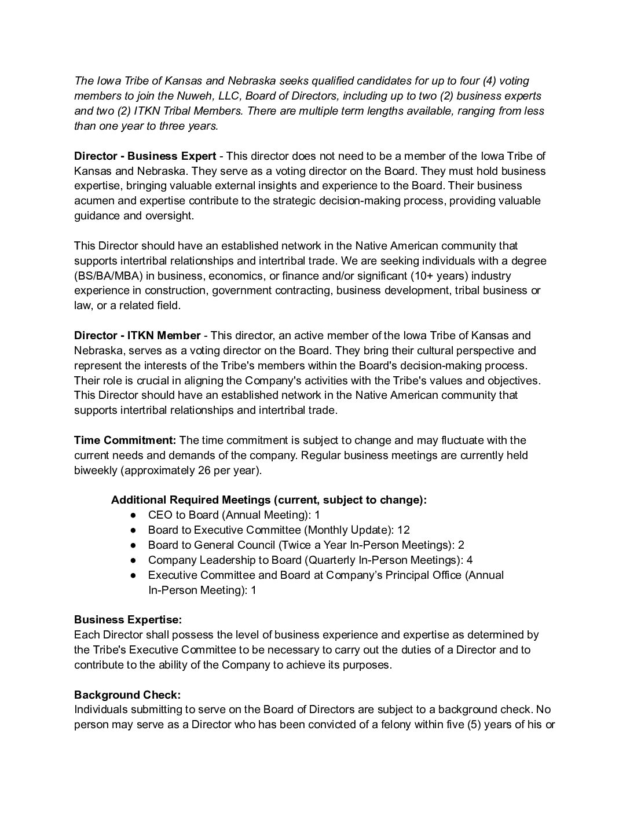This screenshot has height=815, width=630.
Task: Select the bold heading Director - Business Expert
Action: tap(145, 156)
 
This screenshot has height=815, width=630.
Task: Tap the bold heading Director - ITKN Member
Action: tap(137, 336)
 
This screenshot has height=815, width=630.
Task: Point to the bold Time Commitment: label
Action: tap(125, 440)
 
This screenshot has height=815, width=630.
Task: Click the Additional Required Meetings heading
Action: tap(269, 500)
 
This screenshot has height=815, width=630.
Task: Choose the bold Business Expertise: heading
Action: tap(127, 620)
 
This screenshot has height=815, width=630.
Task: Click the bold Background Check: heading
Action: tap(127, 695)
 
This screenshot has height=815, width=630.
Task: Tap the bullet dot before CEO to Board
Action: tap(134, 515)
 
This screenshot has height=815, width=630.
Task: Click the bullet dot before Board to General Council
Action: tap(134, 545)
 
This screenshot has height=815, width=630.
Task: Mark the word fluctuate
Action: tap(470, 440)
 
